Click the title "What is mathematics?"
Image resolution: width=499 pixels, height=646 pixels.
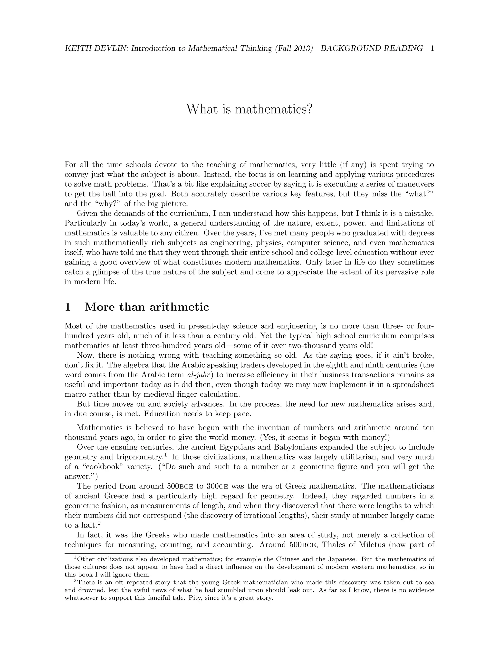249,109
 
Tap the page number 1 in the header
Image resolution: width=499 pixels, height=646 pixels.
432,49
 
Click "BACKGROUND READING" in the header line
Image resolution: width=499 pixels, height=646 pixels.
372,49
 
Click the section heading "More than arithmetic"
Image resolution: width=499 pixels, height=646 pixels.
147,307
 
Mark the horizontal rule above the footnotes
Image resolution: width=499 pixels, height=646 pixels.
138,553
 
